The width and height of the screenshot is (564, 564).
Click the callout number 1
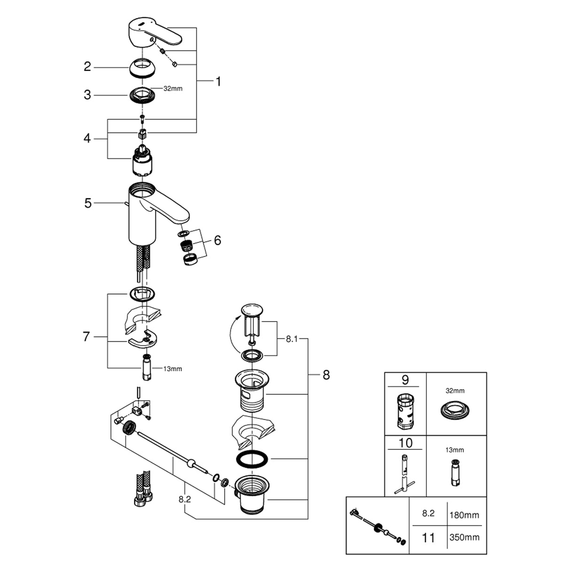pyautogui.click(x=218, y=82)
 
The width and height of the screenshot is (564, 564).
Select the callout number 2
pyautogui.click(x=87, y=67)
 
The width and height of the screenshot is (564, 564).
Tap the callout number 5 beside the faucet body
pyautogui.click(x=88, y=203)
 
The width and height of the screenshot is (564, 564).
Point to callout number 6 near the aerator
pyautogui.click(x=217, y=240)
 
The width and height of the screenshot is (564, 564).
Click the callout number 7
pyautogui.click(x=86, y=337)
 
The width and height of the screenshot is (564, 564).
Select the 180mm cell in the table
pyautogui.click(x=465, y=515)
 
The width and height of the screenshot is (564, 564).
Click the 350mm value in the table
pyautogui.click(x=465, y=537)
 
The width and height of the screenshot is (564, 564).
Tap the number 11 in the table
pyautogui.click(x=428, y=537)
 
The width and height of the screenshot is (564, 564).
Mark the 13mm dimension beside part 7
pyautogui.click(x=172, y=369)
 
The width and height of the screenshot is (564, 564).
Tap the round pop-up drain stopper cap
pyautogui.click(x=253, y=310)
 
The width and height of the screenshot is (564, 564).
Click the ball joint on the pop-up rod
pyautogui.click(x=191, y=463)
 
